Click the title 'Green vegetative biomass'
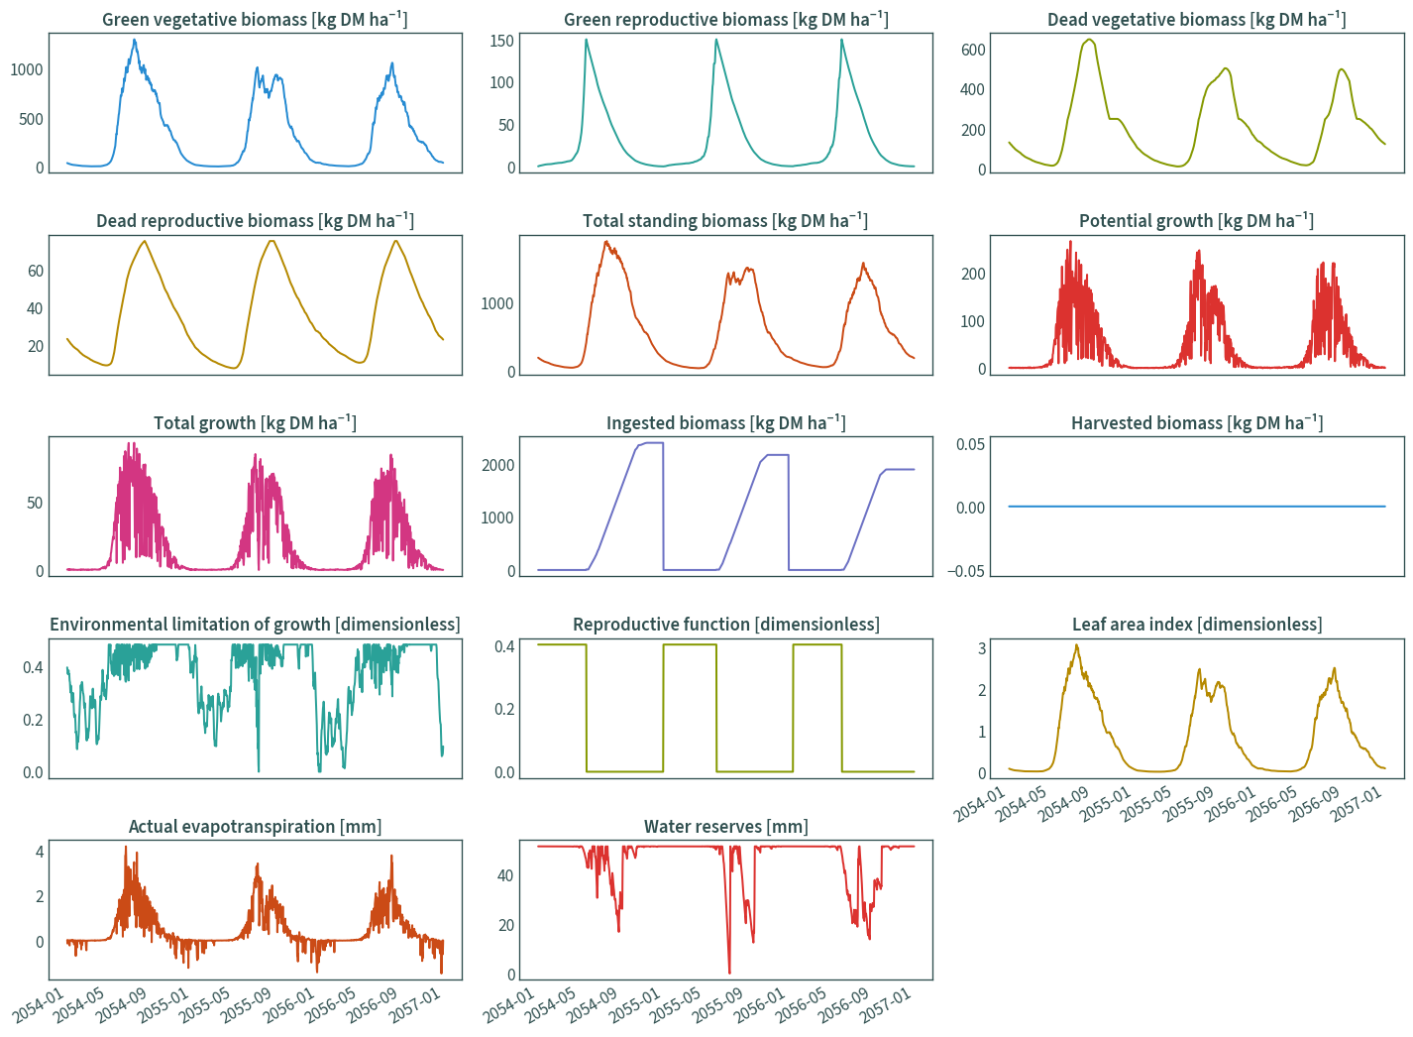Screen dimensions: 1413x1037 [x=204, y=20]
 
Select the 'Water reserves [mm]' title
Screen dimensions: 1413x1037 [x=725, y=827]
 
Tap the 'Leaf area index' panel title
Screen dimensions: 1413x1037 [x=1133, y=625]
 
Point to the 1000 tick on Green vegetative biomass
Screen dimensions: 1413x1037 [x=27, y=69]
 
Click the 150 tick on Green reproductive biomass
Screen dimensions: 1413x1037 [x=502, y=41]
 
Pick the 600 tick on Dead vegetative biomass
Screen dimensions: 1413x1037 [x=973, y=50]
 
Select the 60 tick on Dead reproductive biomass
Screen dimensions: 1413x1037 [x=36, y=272]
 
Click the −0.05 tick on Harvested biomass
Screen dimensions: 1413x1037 [x=966, y=571]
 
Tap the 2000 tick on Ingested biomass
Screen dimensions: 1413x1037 [x=498, y=465]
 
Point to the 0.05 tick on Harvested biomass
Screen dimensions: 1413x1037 [x=971, y=444]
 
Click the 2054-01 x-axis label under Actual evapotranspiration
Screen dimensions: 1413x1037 [x=38, y=1005]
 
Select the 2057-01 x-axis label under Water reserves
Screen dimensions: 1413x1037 [x=886, y=1005]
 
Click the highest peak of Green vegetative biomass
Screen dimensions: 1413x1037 [x=135, y=40]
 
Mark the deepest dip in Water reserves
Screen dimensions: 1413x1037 [x=729, y=973]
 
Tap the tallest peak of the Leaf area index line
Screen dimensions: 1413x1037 [x=1077, y=645]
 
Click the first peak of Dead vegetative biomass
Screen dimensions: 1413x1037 [x=1089, y=40]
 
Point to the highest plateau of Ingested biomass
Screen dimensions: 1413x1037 [x=654, y=443]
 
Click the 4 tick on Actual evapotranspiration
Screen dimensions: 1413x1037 [x=40, y=852]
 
